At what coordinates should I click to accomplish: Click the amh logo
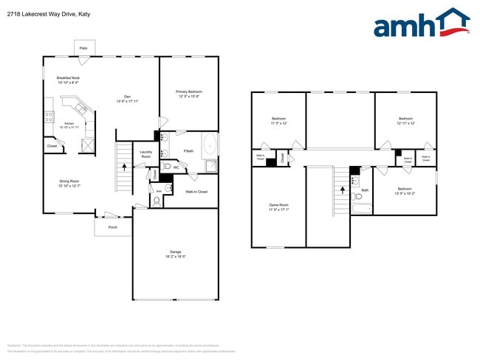tap(421, 24)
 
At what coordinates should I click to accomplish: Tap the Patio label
tap(83, 48)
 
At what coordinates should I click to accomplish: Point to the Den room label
tap(127, 97)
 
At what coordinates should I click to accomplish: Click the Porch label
tap(113, 227)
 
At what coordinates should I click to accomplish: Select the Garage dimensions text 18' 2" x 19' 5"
tap(175, 256)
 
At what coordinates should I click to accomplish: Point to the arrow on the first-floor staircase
tap(124, 167)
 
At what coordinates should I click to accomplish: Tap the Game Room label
tap(278, 204)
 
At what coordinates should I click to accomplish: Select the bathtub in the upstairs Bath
tap(363, 210)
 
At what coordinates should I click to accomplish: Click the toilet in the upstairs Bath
tap(358, 195)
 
